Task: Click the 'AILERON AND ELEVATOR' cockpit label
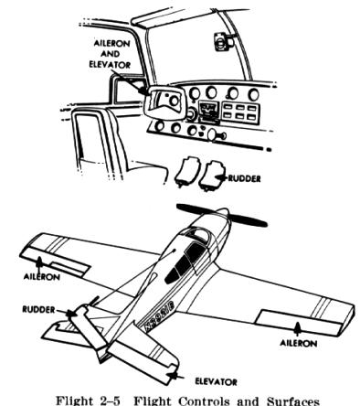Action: [110, 54]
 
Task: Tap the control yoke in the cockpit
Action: [164, 102]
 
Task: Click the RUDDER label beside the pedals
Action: [244, 178]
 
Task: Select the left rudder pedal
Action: [186, 171]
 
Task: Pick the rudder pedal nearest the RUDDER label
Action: [211, 176]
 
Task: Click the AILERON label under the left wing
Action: [42, 276]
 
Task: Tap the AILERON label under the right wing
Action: [298, 343]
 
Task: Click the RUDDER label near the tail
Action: [38, 310]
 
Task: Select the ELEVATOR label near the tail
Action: [216, 381]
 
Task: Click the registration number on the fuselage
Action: [159, 315]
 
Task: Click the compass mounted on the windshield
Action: [222, 41]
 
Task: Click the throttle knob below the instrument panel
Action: [217, 134]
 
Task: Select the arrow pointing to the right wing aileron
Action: [298, 329]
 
